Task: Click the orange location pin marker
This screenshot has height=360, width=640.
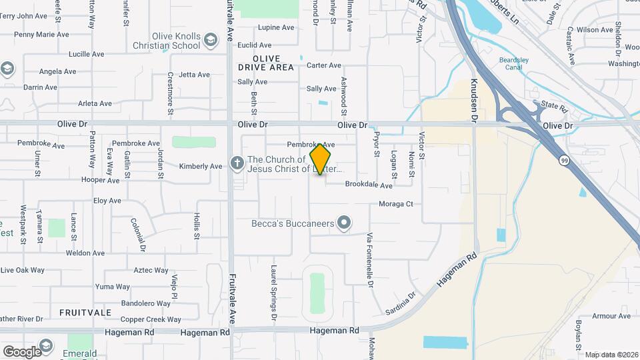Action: click(x=321, y=159)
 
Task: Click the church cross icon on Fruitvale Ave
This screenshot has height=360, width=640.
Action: click(x=236, y=163)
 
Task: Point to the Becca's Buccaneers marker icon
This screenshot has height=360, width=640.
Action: click(x=344, y=223)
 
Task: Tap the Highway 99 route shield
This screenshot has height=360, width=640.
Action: click(x=565, y=160)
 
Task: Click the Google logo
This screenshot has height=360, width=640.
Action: click(x=22, y=351)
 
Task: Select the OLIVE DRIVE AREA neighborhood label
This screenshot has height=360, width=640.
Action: click(x=265, y=63)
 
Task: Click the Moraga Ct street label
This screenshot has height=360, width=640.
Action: click(x=397, y=204)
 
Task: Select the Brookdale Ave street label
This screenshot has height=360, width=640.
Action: click(x=369, y=184)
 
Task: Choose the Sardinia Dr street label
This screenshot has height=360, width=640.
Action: click(x=400, y=303)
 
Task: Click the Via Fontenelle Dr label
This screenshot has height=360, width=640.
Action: click(x=369, y=260)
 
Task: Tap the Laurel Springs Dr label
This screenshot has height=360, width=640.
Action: click(x=273, y=289)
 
